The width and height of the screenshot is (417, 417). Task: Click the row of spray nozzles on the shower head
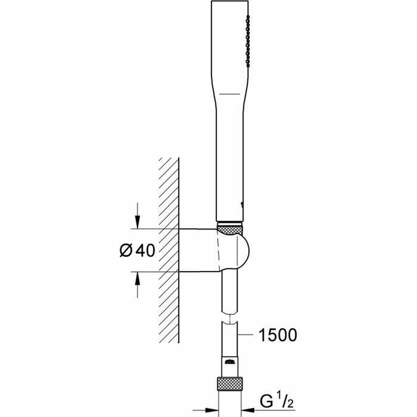(x=247, y=41)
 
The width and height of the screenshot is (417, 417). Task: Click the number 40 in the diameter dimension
(x=145, y=251)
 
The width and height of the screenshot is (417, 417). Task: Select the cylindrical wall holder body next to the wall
(x=198, y=250)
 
